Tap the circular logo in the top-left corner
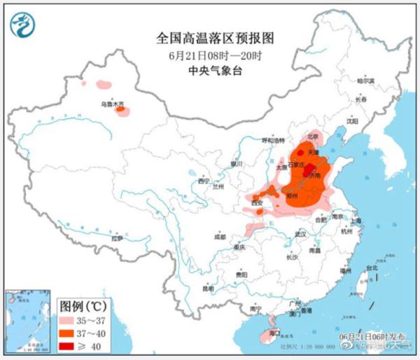23,25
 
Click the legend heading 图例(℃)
82,305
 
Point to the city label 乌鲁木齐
111,104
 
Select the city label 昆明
208,288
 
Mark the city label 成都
220,237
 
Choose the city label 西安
256,203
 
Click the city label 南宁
255,308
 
